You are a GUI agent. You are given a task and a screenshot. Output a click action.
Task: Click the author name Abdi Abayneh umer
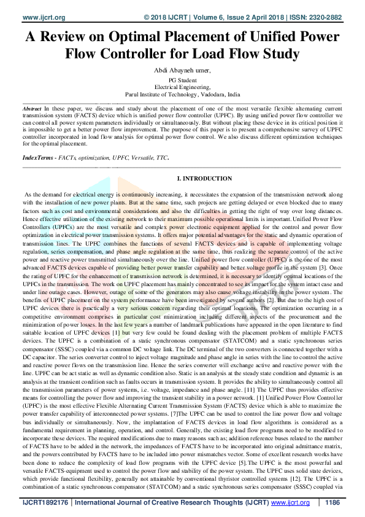point(182,71)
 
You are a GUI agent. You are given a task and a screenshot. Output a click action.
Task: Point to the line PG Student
point(182,80)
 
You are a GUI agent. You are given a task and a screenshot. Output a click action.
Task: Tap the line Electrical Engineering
point(182,88)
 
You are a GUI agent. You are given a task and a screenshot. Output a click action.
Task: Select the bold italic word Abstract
point(32,107)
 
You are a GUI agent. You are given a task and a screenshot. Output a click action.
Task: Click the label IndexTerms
point(36,158)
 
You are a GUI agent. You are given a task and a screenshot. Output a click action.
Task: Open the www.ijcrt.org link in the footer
point(291,502)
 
